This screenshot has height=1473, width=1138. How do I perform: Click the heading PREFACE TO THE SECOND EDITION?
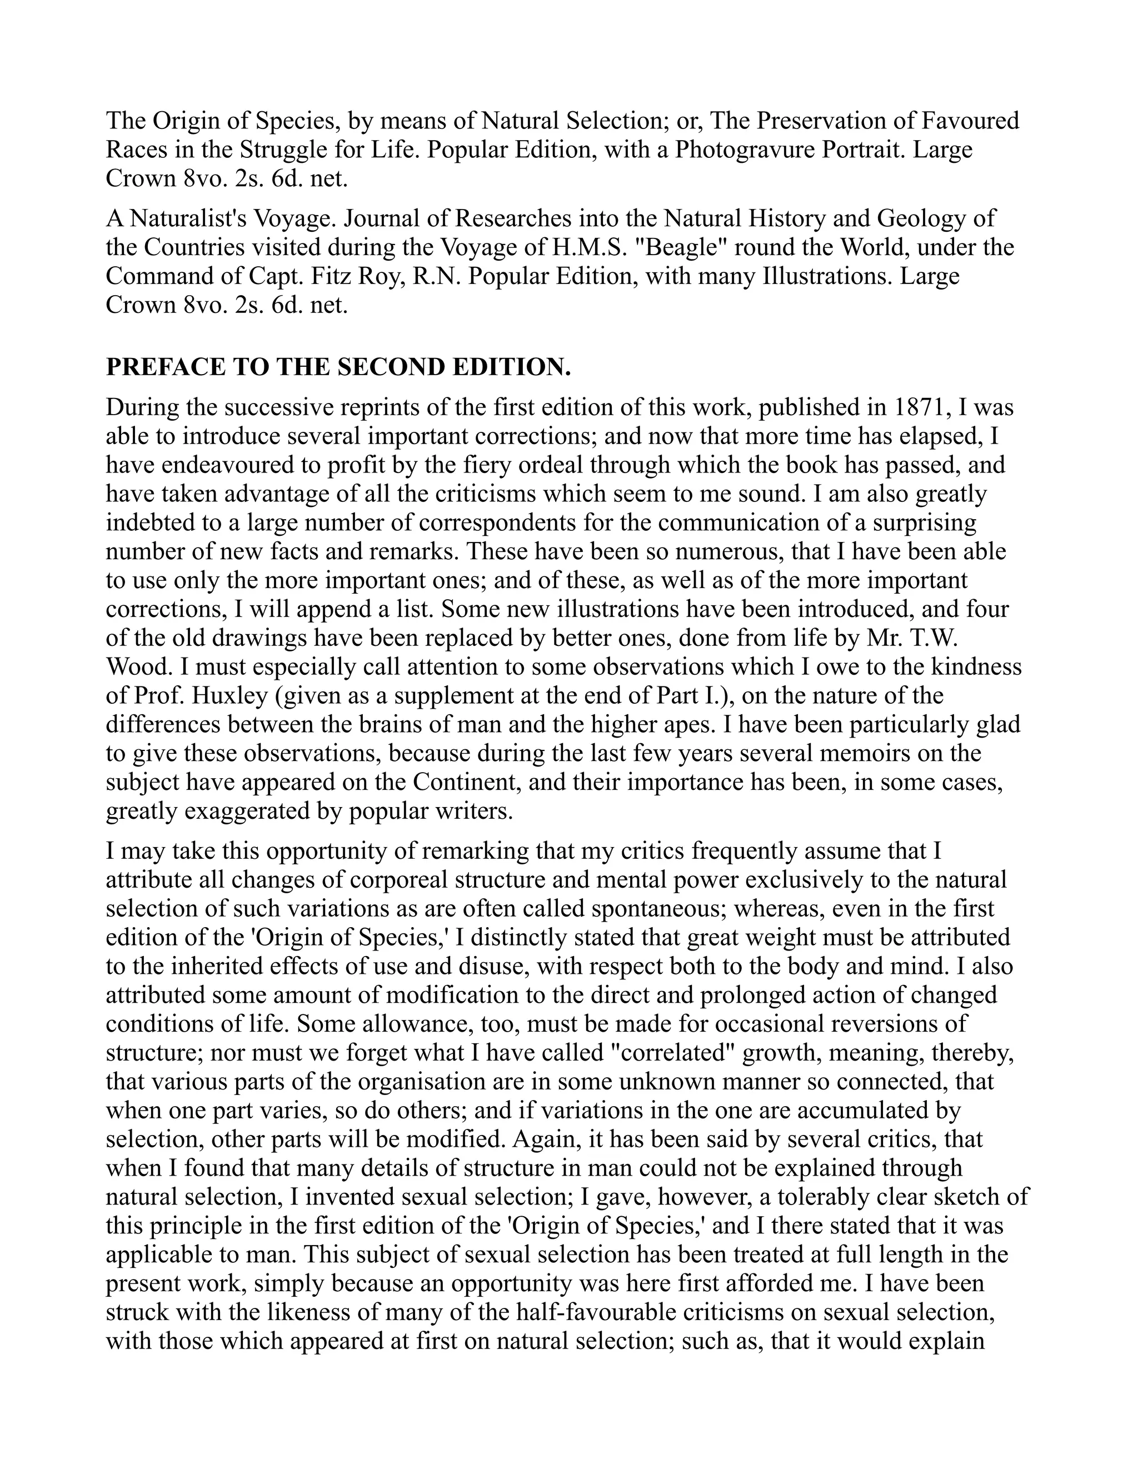tap(338, 367)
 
